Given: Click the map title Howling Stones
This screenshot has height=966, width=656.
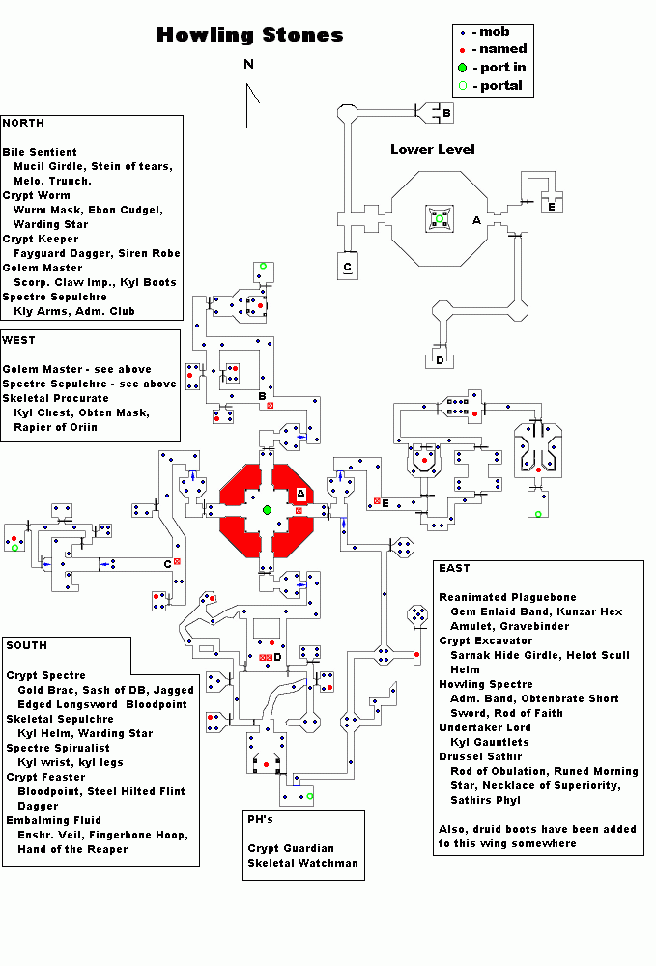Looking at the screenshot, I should coord(249,36).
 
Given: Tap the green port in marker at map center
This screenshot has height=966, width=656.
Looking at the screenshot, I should coord(267,509).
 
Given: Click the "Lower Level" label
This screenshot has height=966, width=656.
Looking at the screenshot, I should coord(432,150).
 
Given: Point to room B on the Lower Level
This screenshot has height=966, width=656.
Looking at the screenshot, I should coord(446,114).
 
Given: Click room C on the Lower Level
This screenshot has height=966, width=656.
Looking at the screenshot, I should coord(348,267).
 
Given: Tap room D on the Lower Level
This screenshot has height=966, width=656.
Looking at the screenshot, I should coord(440,360).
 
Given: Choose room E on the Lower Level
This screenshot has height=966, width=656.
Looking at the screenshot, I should coord(551,206).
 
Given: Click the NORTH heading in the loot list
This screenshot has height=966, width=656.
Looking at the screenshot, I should coord(23,124).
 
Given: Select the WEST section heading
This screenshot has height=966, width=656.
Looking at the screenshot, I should coord(19,340).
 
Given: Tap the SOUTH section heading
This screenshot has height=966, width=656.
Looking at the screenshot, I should coord(25,645).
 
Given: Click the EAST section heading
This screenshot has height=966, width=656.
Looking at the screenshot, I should coord(454,568).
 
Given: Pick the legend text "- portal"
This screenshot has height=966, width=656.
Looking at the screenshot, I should coord(498,86).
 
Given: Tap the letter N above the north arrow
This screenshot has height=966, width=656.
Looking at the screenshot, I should coord(248,65).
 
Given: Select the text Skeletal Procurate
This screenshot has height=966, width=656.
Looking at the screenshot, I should coord(55,398).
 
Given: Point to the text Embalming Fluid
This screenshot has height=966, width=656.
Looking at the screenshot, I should coord(54,820).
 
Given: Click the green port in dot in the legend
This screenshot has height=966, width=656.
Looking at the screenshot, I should coord(463,68).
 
